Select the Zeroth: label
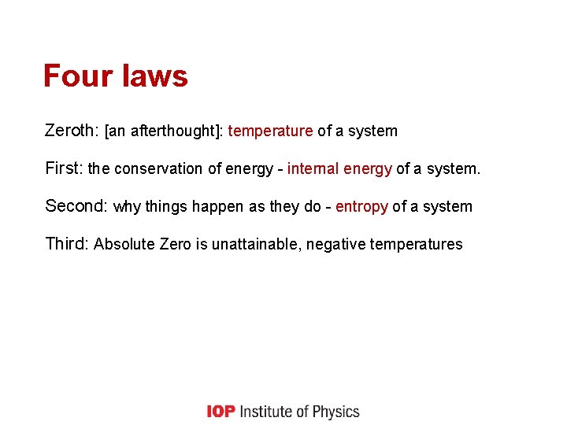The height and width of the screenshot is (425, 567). point(72,131)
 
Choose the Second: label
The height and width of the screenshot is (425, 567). point(76,206)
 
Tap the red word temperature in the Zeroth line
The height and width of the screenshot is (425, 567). point(270,131)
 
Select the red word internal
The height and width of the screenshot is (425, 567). point(313,168)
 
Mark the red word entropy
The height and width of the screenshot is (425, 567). point(361,207)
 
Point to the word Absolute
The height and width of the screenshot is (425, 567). point(124,245)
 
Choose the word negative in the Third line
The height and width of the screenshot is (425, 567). point(335,245)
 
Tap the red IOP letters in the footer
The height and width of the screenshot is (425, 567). point(220,412)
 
